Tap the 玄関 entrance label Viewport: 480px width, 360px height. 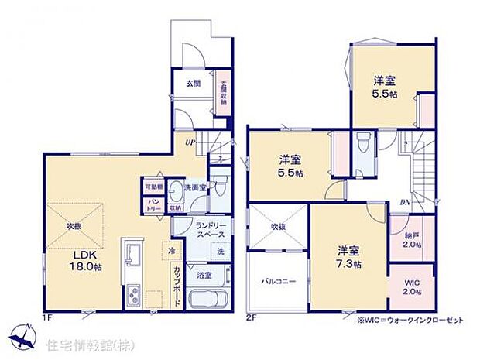coord(194,82)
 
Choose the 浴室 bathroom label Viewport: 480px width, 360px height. coord(204,275)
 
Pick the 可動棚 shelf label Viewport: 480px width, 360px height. coord(152,186)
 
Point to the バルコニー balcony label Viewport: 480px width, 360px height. coord(278,282)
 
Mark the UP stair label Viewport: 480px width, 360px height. coord(189,142)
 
